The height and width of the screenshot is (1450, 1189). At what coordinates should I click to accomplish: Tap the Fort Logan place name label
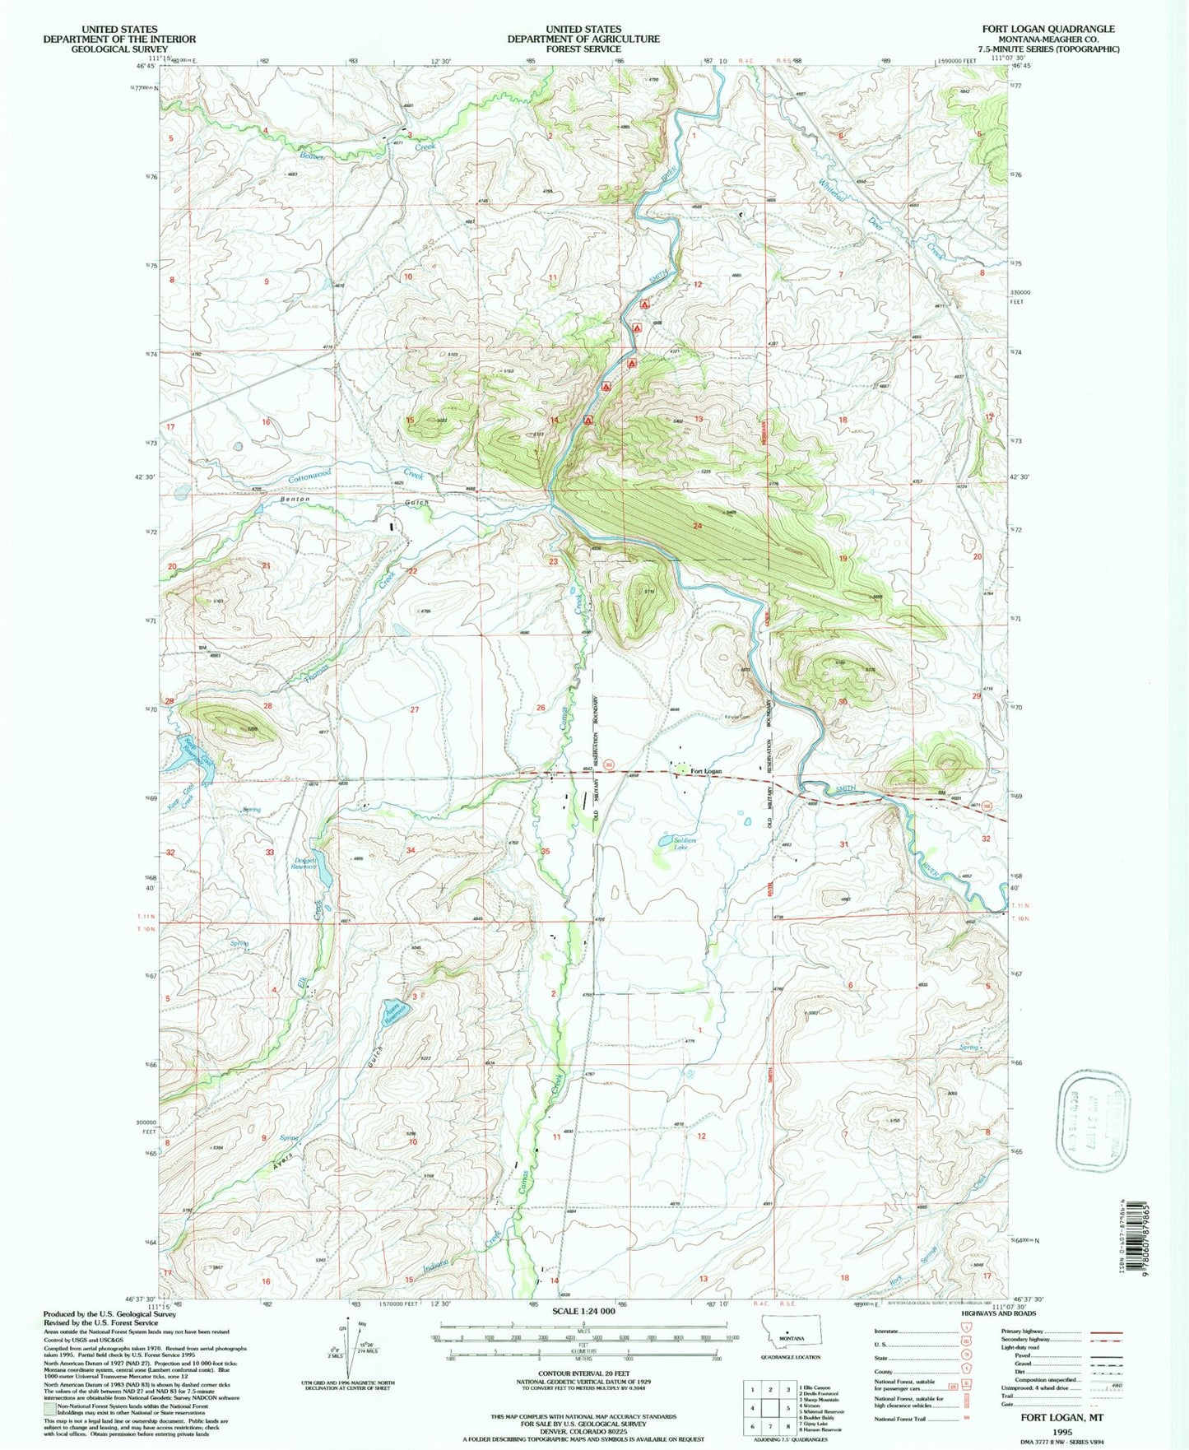pos(705,771)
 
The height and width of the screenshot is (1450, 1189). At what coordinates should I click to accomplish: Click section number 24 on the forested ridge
pos(697,526)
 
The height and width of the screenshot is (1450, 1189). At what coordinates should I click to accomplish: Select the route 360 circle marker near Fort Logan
pos(609,764)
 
